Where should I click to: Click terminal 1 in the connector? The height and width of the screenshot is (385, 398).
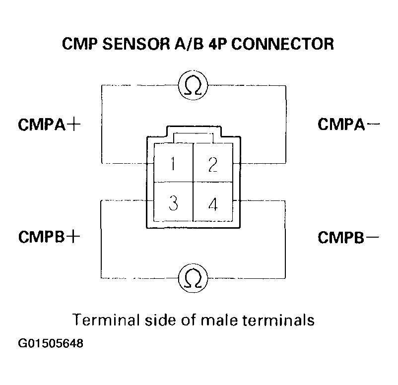coord(173,164)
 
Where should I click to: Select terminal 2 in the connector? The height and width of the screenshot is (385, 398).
coord(212,164)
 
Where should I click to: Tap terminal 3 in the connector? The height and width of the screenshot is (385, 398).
coord(173,203)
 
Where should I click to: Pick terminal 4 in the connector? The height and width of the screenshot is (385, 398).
coord(212,203)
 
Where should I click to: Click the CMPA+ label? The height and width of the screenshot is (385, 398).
coord(49,124)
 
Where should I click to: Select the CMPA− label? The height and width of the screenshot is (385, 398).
coord(348,124)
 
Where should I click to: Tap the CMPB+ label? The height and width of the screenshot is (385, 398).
coord(49,236)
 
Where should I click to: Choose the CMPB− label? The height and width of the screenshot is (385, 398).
coord(348,236)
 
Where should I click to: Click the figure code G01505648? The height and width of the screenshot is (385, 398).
coord(50,343)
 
